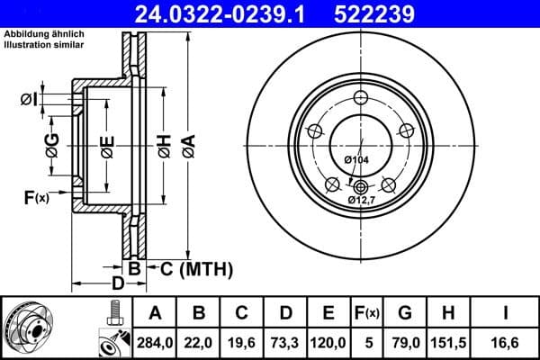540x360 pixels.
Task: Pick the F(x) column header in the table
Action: (x=368, y=313)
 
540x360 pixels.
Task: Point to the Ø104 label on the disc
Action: (x=357, y=160)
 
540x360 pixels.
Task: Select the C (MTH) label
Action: (x=188, y=268)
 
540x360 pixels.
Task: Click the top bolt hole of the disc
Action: (x=360, y=99)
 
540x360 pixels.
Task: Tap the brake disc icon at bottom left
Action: (x=28, y=326)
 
